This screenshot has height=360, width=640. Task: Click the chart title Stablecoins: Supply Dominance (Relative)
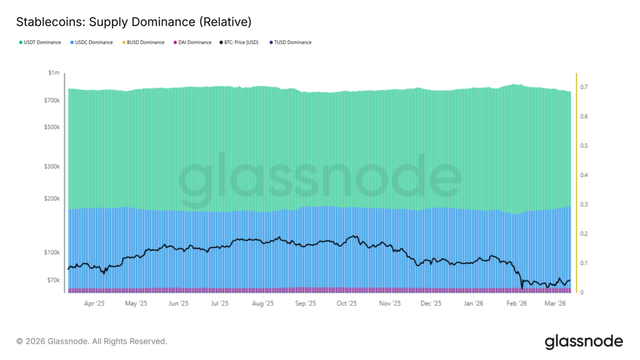coord(134,22)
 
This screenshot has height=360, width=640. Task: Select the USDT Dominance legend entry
coord(42,42)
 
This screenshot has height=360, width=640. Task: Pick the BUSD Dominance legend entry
coord(145,42)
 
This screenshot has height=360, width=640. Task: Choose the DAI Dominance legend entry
coord(194,42)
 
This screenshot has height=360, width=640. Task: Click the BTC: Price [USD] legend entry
coord(241,42)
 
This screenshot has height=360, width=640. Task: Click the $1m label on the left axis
coord(54,73)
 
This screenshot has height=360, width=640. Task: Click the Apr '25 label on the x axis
coord(94,304)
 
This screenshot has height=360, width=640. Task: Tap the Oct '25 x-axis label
coord(346,304)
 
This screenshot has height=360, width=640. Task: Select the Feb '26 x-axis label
coord(516,304)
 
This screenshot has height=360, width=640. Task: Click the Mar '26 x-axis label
coord(555,304)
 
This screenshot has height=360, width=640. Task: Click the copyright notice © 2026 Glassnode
coord(92,341)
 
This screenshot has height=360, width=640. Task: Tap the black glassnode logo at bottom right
coord(584,341)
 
